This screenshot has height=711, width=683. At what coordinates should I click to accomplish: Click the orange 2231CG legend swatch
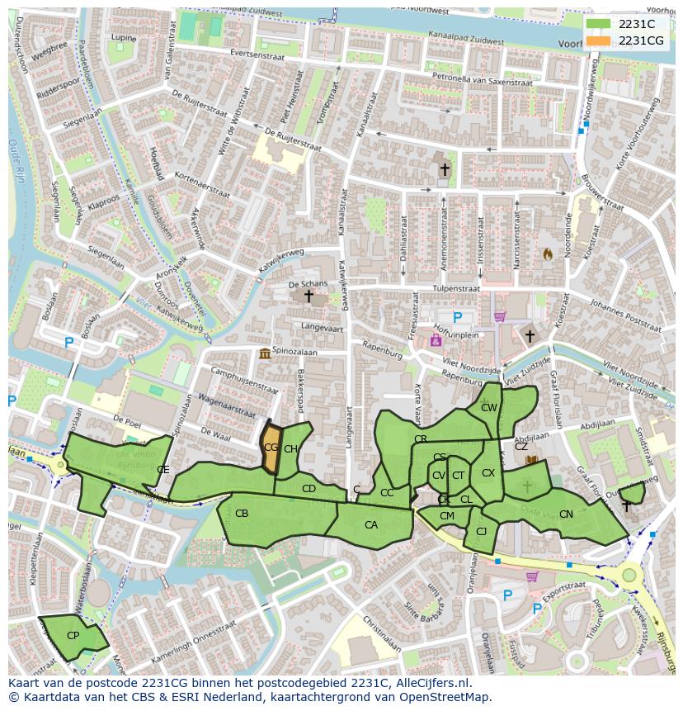click(600, 40)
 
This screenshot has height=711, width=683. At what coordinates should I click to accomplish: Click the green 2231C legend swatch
click(600, 24)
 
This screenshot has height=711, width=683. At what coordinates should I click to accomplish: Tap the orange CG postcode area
click(271, 448)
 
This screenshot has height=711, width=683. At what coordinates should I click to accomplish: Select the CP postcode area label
click(73, 636)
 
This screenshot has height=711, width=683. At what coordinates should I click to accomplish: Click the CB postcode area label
click(242, 514)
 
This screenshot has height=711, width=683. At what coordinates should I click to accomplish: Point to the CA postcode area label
click(371, 525)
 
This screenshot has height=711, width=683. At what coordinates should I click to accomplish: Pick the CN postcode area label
click(566, 514)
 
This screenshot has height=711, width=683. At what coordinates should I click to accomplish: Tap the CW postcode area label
click(489, 408)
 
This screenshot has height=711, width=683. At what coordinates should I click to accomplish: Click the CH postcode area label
click(290, 449)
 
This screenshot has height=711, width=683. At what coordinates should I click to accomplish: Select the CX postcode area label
click(488, 473)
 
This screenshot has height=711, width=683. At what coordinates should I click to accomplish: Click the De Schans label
click(308, 284)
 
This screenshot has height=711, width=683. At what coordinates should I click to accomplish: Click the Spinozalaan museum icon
click(265, 354)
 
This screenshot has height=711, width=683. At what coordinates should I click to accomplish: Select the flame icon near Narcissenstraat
click(546, 255)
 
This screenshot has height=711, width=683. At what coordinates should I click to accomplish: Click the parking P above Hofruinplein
click(458, 316)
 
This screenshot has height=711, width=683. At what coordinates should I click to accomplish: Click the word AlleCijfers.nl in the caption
click(429, 683)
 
